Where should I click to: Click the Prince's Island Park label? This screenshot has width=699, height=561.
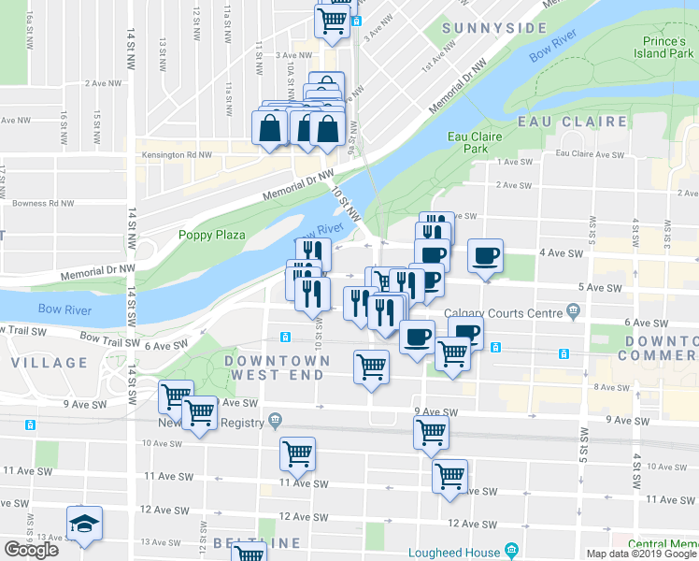[x=667, y=47]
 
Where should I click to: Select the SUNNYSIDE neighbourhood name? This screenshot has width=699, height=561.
[x=494, y=28]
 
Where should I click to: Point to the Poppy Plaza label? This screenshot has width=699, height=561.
[x=211, y=235]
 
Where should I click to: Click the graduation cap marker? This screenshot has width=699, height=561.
[x=83, y=524]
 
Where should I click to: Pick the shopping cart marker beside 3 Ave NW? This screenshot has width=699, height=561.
[x=334, y=20]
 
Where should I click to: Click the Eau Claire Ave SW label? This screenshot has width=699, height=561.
[x=589, y=154]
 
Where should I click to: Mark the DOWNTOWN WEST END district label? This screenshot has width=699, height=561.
[x=277, y=367]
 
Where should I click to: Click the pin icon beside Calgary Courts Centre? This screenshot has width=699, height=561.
[x=572, y=311]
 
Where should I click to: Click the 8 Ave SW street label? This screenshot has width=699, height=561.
[x=611, y=387]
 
